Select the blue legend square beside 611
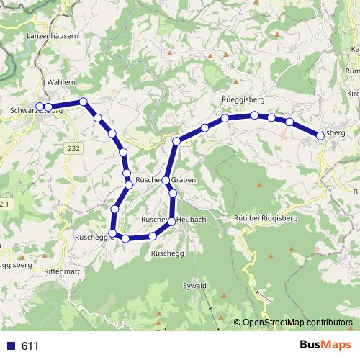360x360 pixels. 10,346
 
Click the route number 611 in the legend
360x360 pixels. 30,346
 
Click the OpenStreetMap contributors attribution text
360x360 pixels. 297,323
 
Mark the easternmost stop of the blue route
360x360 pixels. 319,135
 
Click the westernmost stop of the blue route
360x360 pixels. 40,107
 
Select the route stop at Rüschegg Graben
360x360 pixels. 166,180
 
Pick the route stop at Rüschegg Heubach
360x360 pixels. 171,221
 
